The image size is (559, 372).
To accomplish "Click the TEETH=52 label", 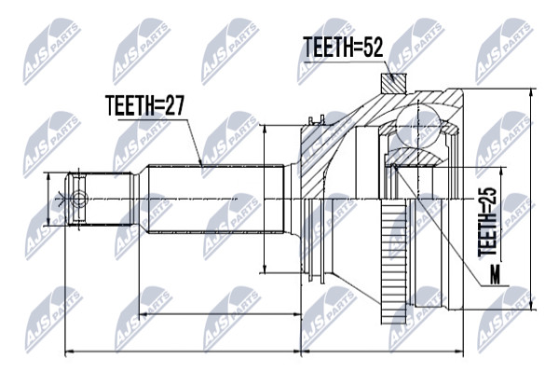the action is (343, 48).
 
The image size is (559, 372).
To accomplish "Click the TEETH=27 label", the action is (145, 105).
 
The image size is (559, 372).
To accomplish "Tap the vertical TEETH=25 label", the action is (487, 222).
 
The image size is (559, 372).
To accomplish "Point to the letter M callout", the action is (495, 275).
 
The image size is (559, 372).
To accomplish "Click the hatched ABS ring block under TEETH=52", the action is (393, 83).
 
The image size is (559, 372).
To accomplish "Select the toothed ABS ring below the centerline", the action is (393, 261).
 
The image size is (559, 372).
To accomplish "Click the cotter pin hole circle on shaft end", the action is (79, 199).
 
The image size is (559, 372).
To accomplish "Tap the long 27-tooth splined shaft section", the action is (216, 199).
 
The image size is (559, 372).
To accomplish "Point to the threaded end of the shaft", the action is (101, 199).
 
